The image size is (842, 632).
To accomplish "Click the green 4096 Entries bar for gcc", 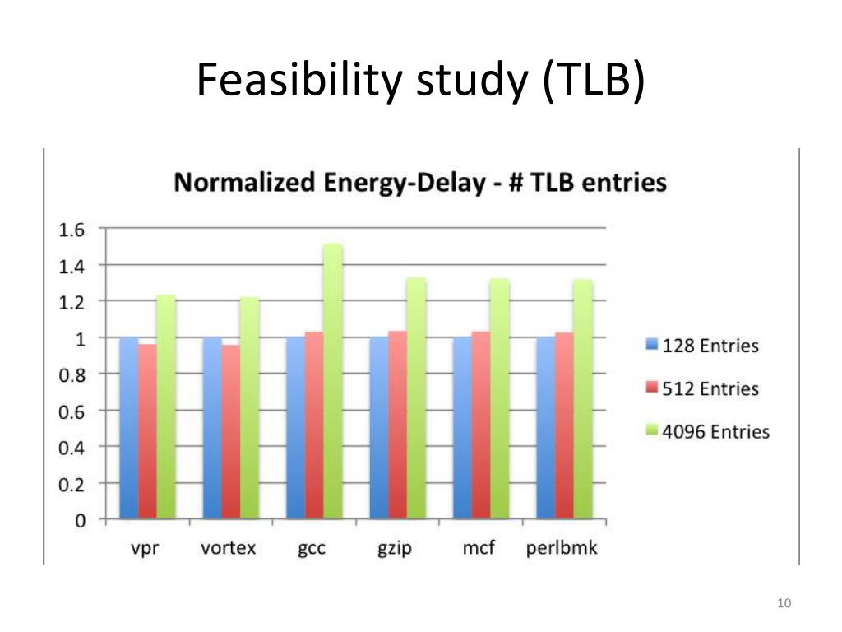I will tap(332, 382).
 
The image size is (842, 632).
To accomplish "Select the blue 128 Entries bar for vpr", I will tap(129, 428).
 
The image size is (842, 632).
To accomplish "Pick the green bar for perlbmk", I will tap(582, 400).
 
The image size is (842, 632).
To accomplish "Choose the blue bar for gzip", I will tap(380, 428).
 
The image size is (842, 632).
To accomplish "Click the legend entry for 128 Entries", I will tap(701, 346).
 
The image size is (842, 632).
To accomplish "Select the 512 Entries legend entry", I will tap(701, 388).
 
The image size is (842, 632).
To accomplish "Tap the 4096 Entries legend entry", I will tap(706, 431).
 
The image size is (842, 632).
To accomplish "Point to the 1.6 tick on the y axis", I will tap(71, 230).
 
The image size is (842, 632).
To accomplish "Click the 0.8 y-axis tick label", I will tap(71, 374).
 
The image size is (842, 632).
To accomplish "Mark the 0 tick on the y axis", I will tap(80, 520).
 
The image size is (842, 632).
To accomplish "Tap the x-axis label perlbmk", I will tap(562, 548).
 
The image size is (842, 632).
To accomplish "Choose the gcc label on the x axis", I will tap(312, 549).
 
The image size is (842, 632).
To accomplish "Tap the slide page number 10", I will tap(784, 605).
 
